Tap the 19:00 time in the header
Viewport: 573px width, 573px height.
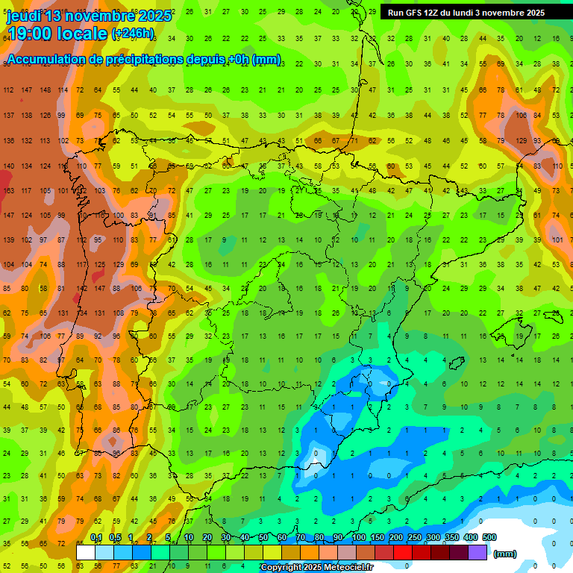[32, 33]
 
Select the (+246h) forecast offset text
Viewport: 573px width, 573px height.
[133, 34]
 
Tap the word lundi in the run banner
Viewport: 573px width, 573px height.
[460, 13]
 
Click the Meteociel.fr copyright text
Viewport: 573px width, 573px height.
[316, 568]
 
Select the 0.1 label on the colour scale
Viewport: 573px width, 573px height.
[96, 538]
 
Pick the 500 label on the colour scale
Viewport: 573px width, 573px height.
[489, 538]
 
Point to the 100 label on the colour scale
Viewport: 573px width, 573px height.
[359, 538]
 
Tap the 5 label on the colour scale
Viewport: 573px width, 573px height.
[169, 538]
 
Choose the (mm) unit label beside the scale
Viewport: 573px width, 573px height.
[505, 554]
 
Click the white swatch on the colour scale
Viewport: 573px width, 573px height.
[86, 552]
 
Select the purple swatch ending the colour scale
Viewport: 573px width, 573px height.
[477, 552]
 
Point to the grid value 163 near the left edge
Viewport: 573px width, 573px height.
[9, 190]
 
